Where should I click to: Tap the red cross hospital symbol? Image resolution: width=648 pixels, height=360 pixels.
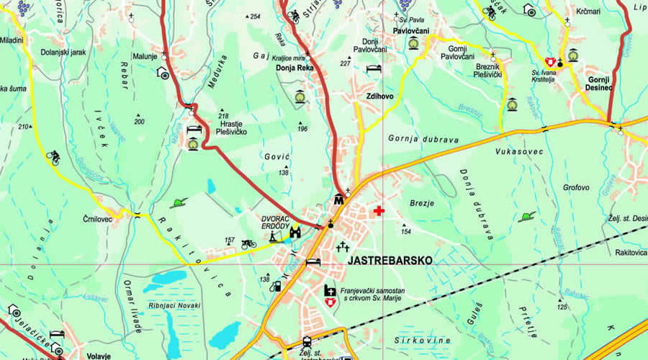[379, 210]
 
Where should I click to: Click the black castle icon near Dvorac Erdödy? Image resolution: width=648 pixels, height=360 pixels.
[295, 232]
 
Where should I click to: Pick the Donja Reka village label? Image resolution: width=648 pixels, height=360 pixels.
[294, 69]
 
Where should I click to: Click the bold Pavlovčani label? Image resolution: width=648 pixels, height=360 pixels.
[412, 31]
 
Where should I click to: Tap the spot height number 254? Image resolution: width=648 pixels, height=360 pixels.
[253, 17]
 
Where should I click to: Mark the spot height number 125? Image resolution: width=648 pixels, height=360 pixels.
[562, 307]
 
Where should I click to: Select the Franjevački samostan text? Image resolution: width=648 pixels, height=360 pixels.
[373, 289]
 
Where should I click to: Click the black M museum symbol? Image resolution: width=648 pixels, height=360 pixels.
[338, 199]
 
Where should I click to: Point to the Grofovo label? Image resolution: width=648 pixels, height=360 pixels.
[576, 188]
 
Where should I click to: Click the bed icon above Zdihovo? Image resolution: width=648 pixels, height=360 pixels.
[373, 68]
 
